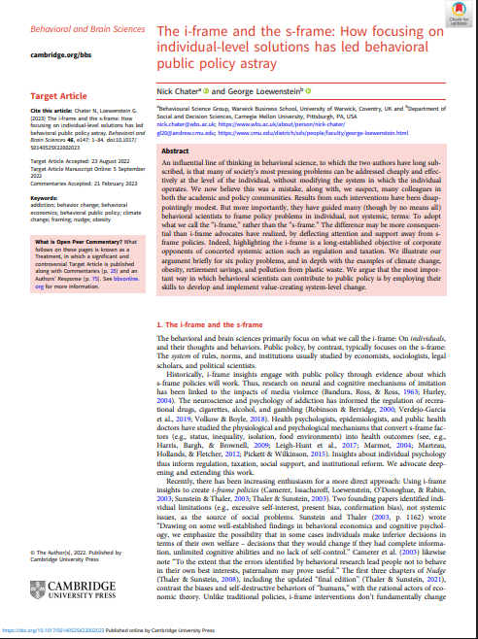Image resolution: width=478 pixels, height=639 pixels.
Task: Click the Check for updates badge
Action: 454,15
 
